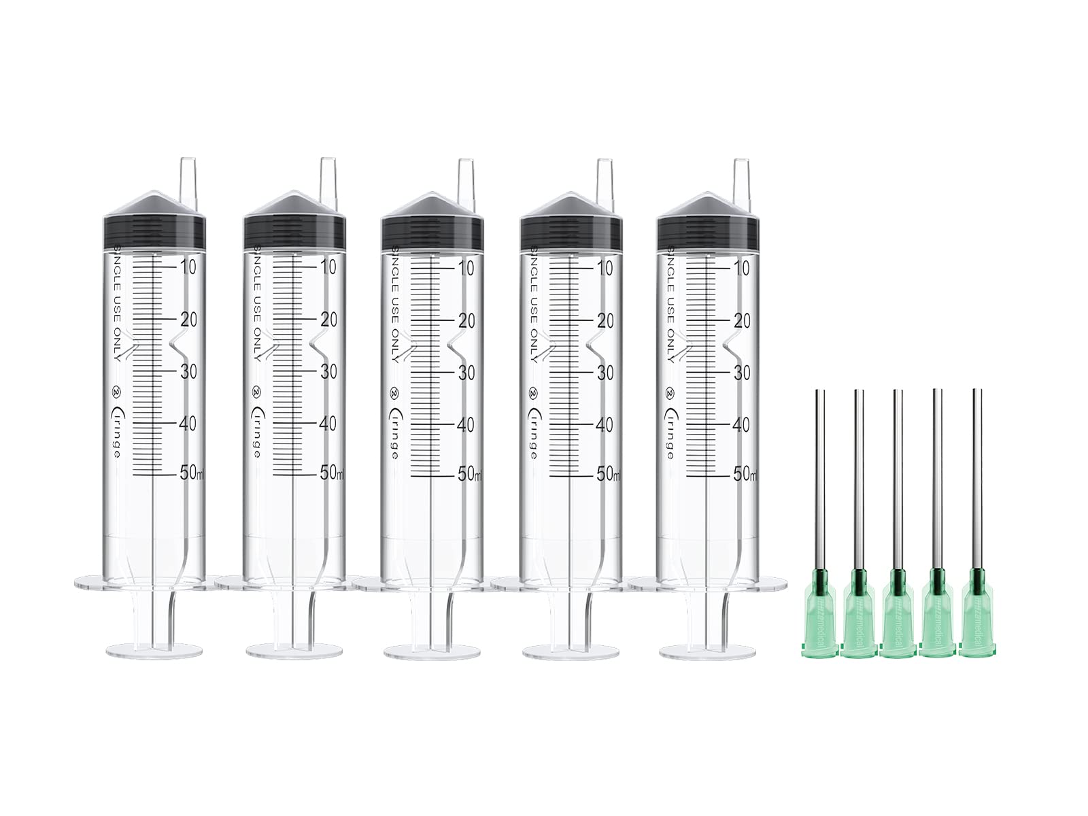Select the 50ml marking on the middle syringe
(x=469, y=474)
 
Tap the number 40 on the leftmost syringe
(x=188, y=423)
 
